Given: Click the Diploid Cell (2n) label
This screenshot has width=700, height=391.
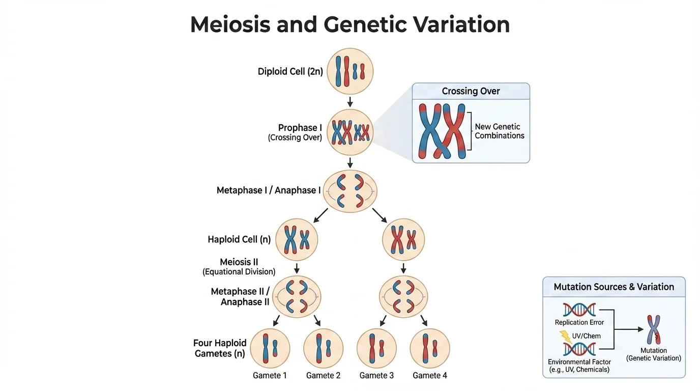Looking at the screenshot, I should (x=290, y=72).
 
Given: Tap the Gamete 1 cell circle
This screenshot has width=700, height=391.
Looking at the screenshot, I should (x=270, y=348).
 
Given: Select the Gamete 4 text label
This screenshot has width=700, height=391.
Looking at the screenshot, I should (x=430, y=375).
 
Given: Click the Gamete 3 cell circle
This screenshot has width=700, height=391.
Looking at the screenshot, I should (x=376, y=348).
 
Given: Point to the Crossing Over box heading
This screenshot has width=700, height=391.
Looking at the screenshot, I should (x=471, y=91).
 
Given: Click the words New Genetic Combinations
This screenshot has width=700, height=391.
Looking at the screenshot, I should (x=499, y=131).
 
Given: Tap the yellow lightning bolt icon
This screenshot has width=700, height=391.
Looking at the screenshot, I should (x=565, y=336).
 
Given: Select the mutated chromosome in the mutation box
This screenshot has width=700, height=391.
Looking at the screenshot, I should (x=653, y=329).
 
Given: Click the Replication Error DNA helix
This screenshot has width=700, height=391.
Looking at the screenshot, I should (x=579, y=310).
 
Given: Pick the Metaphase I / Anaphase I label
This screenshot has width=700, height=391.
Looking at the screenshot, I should (x=269, y=190).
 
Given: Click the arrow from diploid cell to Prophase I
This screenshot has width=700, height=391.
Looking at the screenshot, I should (x=350, y=101).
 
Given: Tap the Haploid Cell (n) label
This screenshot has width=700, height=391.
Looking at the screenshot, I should (x=239, y=239).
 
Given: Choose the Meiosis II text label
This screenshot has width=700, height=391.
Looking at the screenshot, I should (x=239, y=262).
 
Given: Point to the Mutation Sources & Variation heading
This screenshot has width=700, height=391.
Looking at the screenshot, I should (x=614, y=287).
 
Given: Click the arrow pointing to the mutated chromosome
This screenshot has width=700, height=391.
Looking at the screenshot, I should (x=631, y=329).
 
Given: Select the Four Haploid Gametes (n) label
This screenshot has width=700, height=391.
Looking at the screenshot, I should (x=220, y=348).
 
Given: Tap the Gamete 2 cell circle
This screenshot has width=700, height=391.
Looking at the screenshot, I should (x=323, y=348).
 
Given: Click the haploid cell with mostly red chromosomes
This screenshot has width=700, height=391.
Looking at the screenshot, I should (x=403, y=240).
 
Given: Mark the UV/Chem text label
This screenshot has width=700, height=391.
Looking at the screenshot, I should (x=587, y=336).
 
